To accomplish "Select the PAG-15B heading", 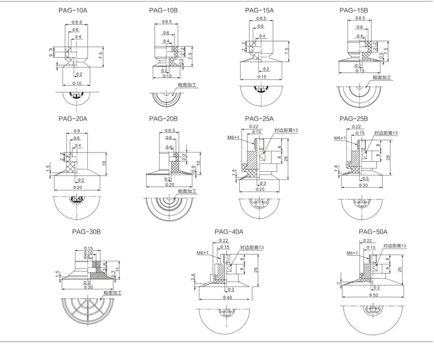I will (x=353, y=10).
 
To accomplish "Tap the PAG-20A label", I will (x=72, y=119).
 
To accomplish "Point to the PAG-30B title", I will (x=86, y=232).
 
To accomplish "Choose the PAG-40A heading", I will (x=229, y=232).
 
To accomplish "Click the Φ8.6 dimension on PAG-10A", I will (x=77, y=22).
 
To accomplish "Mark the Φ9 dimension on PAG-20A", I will (x=77, y=131).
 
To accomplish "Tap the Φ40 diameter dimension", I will (x=227, y=297).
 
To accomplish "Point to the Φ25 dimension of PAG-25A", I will (x=259, y=189).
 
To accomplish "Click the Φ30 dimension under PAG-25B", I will (x=363, y=185).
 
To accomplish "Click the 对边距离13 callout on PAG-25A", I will (x=286, y=130).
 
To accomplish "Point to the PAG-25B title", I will (x=353, y=119).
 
